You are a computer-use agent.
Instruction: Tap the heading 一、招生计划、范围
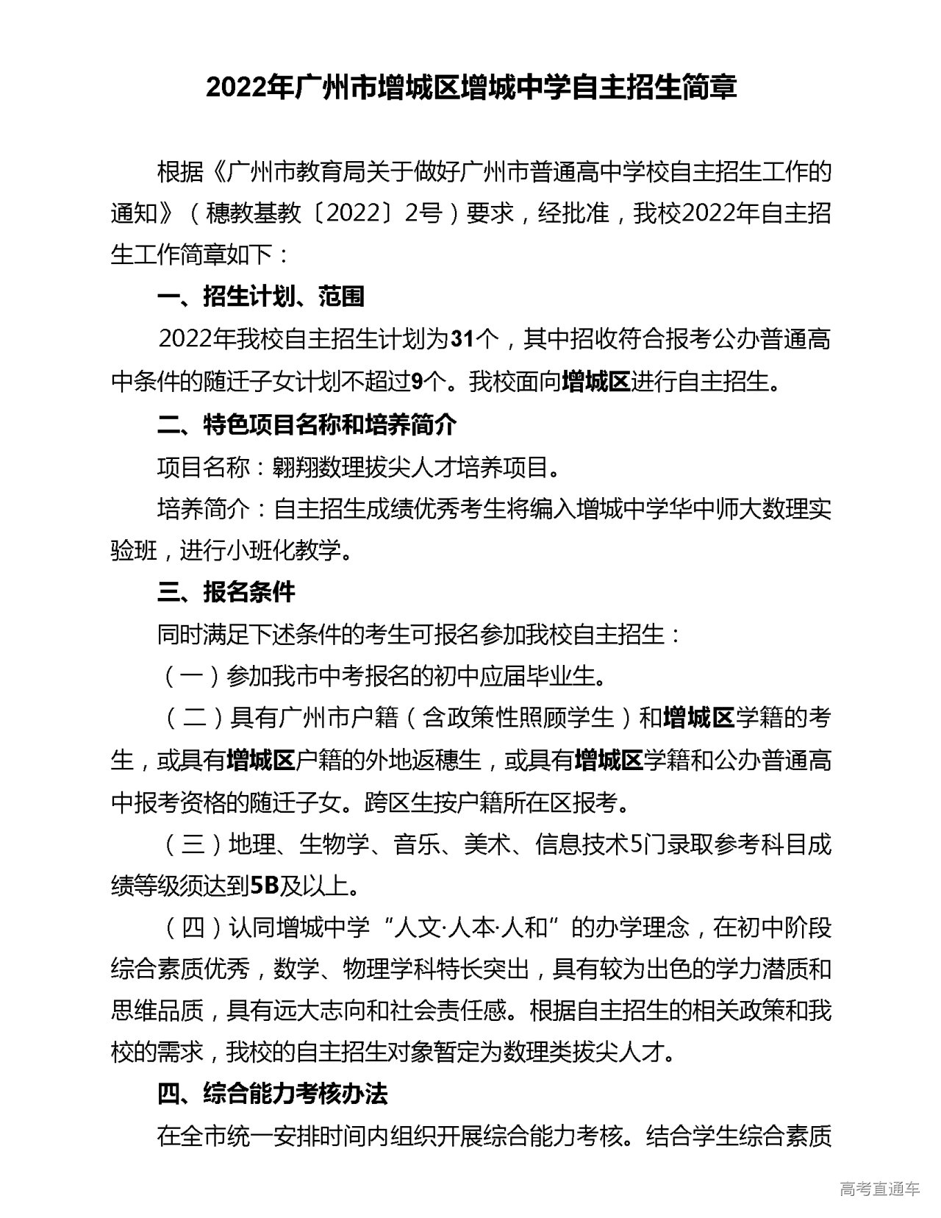point(261,296)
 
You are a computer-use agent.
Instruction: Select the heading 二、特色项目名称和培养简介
point(307,424)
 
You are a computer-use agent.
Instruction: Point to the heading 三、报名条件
point(226,591)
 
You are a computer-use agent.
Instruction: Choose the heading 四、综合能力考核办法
point(272,1094)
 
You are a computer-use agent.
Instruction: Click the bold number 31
point(462,339)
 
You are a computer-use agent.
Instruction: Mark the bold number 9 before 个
point(418,382)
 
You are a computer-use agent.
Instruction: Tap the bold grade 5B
point(265,886)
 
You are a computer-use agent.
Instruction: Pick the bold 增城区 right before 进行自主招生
point(595,382)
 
